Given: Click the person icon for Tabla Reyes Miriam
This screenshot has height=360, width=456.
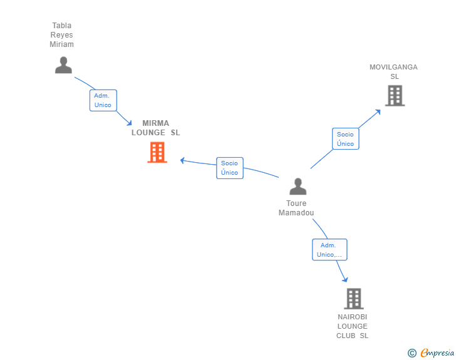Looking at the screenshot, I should (63, 65).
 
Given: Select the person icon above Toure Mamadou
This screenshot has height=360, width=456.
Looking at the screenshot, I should (298, 187).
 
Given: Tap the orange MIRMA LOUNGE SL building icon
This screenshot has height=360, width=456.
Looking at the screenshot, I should (157, 152).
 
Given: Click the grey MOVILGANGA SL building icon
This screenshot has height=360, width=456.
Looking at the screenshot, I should (395, 96).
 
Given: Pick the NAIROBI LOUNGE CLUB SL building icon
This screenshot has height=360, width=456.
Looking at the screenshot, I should (353, 299).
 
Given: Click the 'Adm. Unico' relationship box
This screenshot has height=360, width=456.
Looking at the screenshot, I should (103, 100).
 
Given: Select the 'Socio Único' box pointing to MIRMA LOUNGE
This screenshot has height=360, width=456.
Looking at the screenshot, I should (229, 168).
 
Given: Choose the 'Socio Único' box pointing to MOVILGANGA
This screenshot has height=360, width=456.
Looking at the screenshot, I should (345, 139).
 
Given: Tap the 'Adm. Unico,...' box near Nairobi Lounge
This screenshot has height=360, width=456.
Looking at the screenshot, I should (329, 250).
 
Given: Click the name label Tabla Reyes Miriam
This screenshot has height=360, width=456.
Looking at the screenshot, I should (62, 35).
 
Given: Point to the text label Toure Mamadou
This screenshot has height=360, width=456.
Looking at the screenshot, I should (296, 208).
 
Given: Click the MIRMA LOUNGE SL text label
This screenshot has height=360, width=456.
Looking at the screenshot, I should (155, 128).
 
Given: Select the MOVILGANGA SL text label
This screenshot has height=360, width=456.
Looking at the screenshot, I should (393, 71).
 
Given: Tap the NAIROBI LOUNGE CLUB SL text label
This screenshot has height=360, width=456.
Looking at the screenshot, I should (352, 326).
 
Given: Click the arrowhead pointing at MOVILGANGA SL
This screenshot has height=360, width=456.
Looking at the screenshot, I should (378, 112).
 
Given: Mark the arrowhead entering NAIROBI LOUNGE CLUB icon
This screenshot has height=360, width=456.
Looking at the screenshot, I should (345, 279).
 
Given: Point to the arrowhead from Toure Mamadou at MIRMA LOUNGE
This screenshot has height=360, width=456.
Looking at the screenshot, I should (183, 160).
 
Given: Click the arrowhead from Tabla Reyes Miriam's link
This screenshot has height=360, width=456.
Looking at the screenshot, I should (129, 123).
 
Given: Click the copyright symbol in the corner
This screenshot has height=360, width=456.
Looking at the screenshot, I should (412, 353).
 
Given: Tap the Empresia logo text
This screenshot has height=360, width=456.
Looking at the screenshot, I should (437, 353).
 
